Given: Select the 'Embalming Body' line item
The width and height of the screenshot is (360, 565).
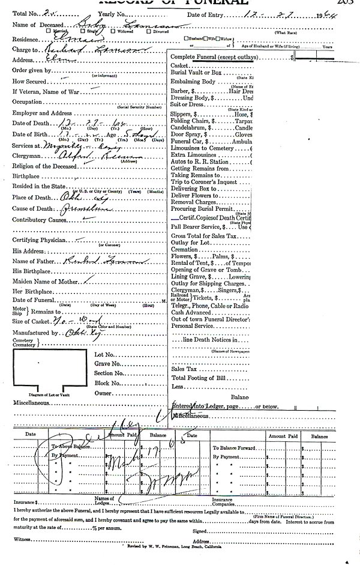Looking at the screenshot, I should coord(192,81).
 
